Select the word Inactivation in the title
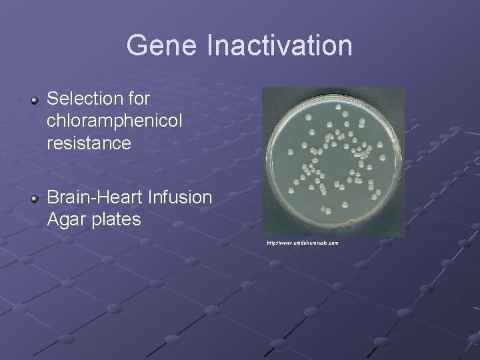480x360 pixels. click(x=280, y=46)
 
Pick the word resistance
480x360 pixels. click(x=89, y=143)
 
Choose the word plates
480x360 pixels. click(x=118, y=219)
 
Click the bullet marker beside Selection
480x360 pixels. click(x=35, y=101)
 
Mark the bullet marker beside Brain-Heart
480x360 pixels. click(x=35, y=199)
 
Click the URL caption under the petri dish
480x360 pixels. click(x=303, y=243)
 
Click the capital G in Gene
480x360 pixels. click(x=135, y=46)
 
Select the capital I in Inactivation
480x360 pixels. click(x=211, y=46)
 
